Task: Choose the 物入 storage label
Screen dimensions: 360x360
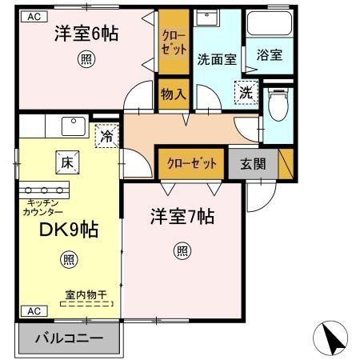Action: click(x=174, y=94)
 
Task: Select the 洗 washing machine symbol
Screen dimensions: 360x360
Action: click(x=246, y=92)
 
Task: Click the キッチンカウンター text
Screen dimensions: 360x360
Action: click(x=43, y=208)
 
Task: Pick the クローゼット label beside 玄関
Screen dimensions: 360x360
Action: click(x=192, y=163)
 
